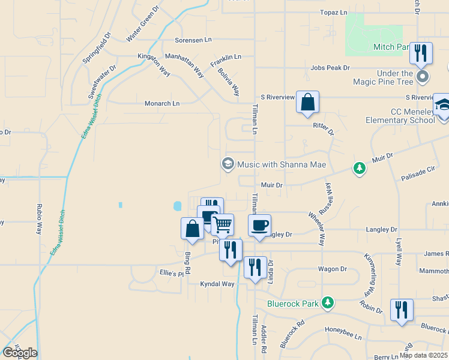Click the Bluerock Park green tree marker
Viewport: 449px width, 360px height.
327,302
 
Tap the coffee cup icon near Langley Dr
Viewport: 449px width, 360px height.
259,226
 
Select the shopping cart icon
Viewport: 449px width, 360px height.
223,225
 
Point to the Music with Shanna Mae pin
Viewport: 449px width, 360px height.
228,164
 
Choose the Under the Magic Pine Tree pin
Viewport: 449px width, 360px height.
423,77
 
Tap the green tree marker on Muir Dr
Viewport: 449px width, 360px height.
360,169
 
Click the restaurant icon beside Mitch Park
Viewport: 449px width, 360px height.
421,53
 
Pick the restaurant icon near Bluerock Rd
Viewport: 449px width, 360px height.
401,310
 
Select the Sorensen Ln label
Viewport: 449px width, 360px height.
193,40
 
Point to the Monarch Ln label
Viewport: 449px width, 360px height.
162,103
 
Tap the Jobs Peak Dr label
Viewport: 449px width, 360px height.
330,68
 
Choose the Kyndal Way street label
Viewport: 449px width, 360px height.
217,284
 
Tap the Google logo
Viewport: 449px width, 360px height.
20,353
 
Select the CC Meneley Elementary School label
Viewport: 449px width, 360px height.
399,116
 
